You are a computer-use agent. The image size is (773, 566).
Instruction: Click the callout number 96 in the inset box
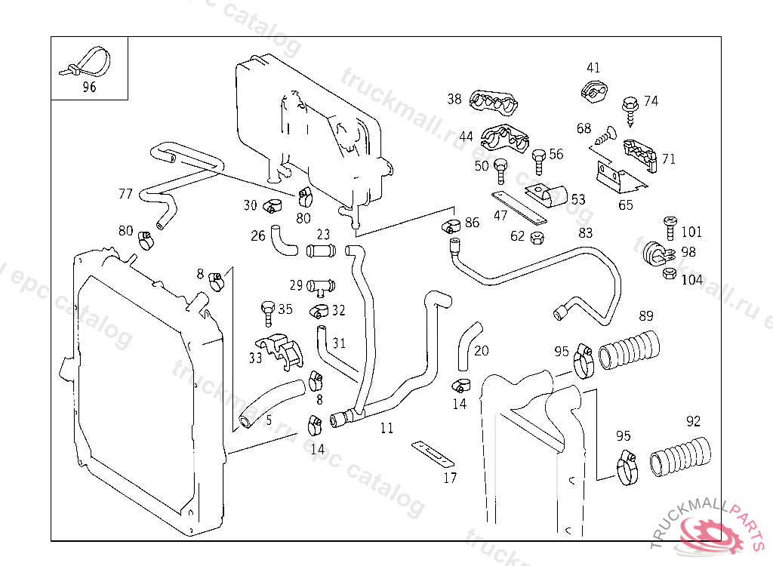tap(89, 87)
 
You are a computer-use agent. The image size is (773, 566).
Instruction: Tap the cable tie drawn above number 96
tap(85, 62)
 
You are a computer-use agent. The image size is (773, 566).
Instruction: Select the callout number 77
tap(125, 194)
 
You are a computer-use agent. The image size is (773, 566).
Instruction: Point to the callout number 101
tap(691, 232)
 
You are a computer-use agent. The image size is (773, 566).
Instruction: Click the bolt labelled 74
tap(629, 108)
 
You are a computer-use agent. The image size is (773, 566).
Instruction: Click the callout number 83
tap(586, 233)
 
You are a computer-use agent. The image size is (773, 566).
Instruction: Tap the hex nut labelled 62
tap(537, 238)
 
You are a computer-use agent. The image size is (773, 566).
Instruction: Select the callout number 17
tap(450, 478)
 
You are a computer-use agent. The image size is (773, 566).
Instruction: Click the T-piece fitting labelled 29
tap(322, 287)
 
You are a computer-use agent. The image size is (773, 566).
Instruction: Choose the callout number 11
tap(386, 429)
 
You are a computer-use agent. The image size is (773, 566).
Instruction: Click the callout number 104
tap(691, 280)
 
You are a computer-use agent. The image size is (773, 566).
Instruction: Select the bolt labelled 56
tap(538, 161)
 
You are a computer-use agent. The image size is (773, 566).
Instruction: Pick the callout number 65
tap(626, 205)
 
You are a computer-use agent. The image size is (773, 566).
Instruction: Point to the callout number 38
tap(454, 99)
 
